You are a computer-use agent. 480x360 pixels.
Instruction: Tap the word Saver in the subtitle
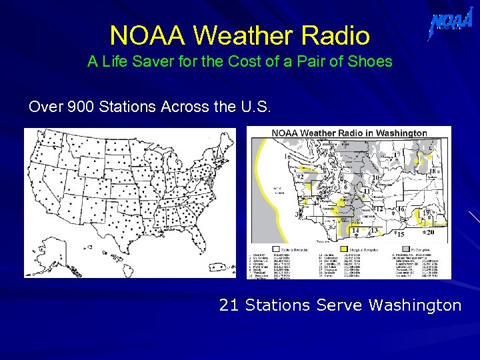click(159, 61)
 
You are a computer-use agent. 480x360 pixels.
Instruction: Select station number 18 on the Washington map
click(433, 172)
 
